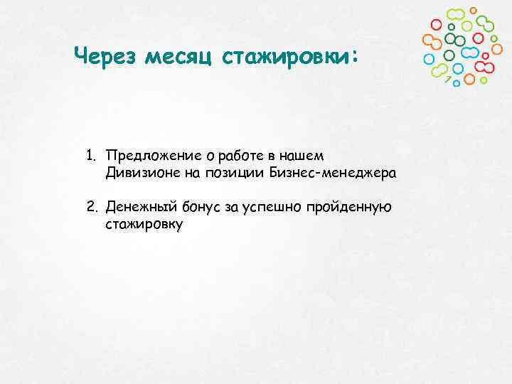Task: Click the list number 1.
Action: tap(91, 155)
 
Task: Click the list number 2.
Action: tap(91, 207)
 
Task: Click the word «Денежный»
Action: tap(136, 207)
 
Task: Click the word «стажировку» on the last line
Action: tap(144, 225)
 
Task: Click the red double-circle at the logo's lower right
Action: tap(484, 67)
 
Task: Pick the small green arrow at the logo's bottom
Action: tap(448, 79)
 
